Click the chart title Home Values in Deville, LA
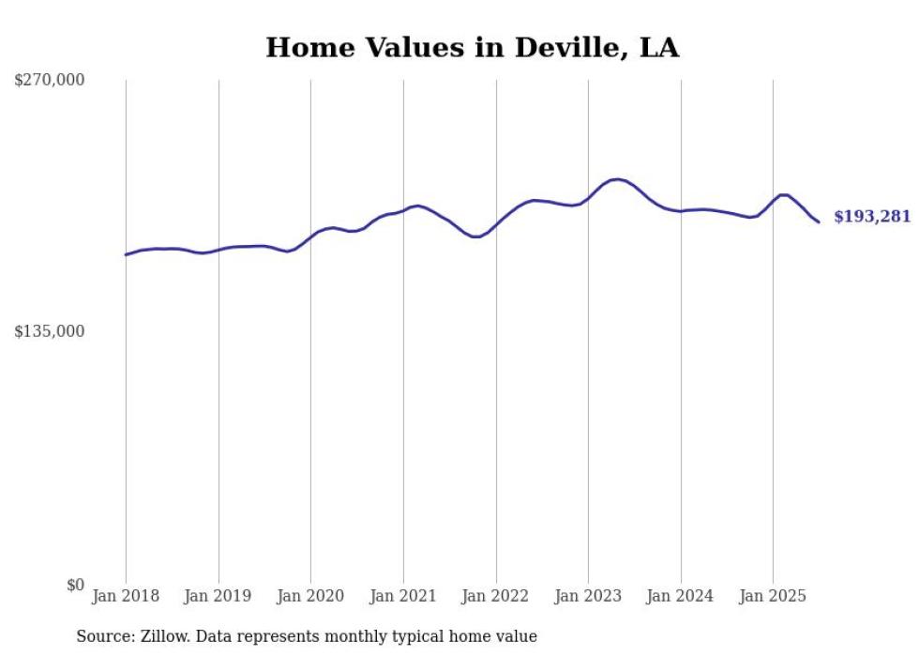[472, 48]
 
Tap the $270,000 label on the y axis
[50, 81]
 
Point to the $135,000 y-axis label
[50, 331]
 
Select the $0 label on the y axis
[75, 585]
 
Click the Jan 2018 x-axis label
[126, 596]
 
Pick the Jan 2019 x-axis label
[218, 596]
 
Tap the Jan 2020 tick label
[310, 596]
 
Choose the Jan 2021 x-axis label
[403, 596]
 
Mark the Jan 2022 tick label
[496, 596]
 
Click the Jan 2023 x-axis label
[588, 596]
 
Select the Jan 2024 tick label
[681, 596]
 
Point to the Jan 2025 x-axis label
[773, 596]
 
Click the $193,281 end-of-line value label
[872, 217]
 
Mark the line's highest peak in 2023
[616, 179]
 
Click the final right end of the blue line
[819, 221]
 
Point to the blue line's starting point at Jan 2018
[126, 254]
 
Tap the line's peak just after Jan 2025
[783, 194]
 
